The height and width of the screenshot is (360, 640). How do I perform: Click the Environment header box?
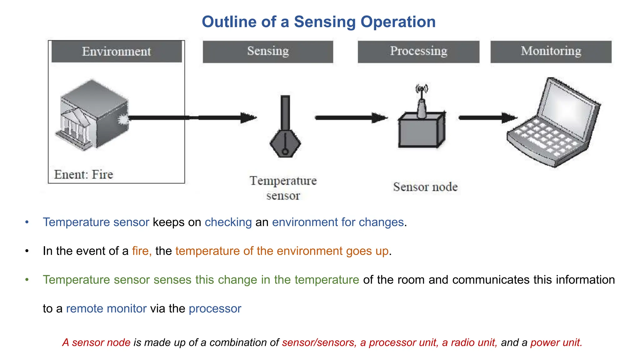pyautogui.click(x=117, y=52)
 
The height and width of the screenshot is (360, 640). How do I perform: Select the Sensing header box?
pyautogui.click(x=268, y=52)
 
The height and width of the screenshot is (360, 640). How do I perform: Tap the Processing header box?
pyautogui.click(x=418, y=52)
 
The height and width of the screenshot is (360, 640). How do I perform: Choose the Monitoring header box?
pyautogui.click(x=551, y=52)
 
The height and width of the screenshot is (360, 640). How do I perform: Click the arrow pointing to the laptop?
pyautogui.click(x=487, y=118)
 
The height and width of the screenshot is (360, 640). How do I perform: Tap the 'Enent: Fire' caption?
pyautogui.click(x=83, y=174)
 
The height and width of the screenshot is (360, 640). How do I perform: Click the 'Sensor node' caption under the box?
pyautogui.click(x=425, y=187)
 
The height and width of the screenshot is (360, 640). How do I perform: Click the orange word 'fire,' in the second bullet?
pyautogui.click(x=142, y=251)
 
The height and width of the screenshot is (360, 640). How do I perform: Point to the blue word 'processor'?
pyautogui.click(x=215, y=308)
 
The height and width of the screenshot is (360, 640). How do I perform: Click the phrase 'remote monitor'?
pyautogui.click(x=106, y=308)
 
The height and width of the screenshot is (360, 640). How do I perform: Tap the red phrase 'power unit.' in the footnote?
pyautogui.click(x=556, y=342)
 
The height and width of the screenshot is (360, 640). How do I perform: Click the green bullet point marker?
pyautogui.click(x=27, y=280)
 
